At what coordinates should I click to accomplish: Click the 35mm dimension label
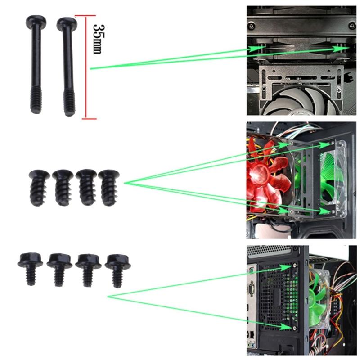point(97,38)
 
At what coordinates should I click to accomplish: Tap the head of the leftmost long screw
point(35,21)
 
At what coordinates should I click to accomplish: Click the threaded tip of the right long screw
point(69,106)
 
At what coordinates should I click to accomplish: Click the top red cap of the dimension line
point(84,16)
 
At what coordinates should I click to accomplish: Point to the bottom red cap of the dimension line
point(84,120)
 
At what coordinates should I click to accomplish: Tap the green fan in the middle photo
point(333,180)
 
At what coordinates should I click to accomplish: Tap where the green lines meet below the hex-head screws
point(108,296)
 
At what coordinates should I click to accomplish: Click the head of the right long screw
point(67,24)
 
